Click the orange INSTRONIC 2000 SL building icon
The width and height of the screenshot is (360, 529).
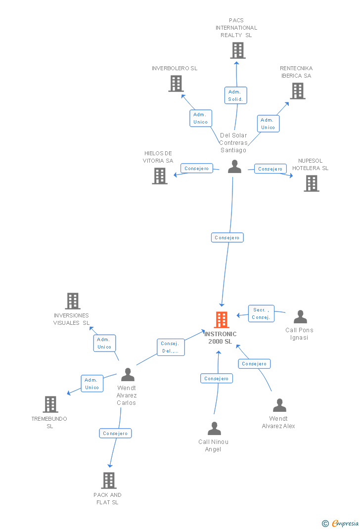click(222, 320)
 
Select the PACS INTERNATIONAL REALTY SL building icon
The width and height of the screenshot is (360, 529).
click(238, 50)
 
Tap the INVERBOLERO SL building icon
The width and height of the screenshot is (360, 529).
click(176, 84)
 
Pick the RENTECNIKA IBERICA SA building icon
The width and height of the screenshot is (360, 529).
click(297, 91)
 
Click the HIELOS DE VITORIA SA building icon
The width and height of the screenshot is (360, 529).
click(159, 176)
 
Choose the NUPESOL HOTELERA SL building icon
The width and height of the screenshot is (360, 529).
click(311, 183)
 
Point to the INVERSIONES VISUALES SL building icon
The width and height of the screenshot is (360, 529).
click(73, 301)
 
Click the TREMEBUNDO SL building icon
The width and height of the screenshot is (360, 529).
click(50, 404)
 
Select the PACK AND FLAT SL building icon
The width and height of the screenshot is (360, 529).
click(108, 481)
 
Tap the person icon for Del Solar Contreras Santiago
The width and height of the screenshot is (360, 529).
click(234, 167)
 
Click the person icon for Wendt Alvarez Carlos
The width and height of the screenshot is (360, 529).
click(128, 375)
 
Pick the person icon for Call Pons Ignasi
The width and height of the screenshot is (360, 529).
click(300, 317)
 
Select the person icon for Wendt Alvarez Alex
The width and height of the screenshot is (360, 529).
click(279, 405)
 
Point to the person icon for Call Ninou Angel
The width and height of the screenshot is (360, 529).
click(214, 428)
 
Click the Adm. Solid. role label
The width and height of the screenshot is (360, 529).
click(235, 95)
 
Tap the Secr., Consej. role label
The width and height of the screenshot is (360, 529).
click(261, 313)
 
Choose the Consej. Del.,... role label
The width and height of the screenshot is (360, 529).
click(171, 347)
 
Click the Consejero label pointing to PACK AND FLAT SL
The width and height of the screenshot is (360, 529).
click(115, 434)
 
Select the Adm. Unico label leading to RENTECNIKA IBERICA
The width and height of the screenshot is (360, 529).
click(268, 124)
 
